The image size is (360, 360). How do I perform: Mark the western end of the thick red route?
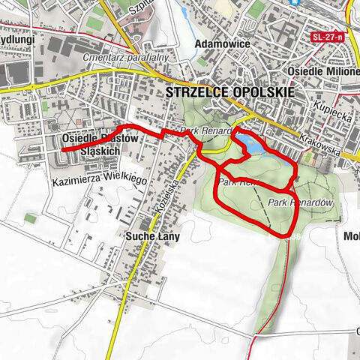point(62,150)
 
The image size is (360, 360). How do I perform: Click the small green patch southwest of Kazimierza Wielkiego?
point(30,218)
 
